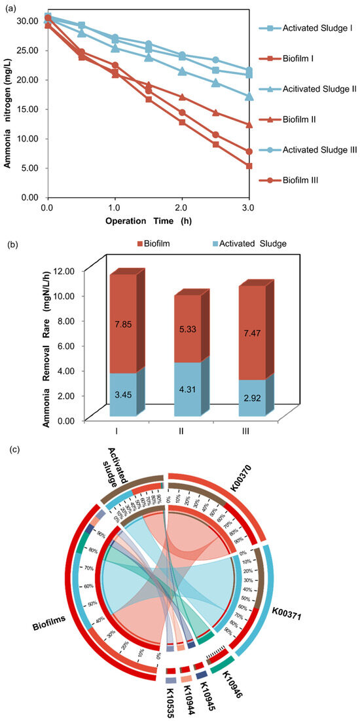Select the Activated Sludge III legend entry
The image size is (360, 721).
point(311,150)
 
